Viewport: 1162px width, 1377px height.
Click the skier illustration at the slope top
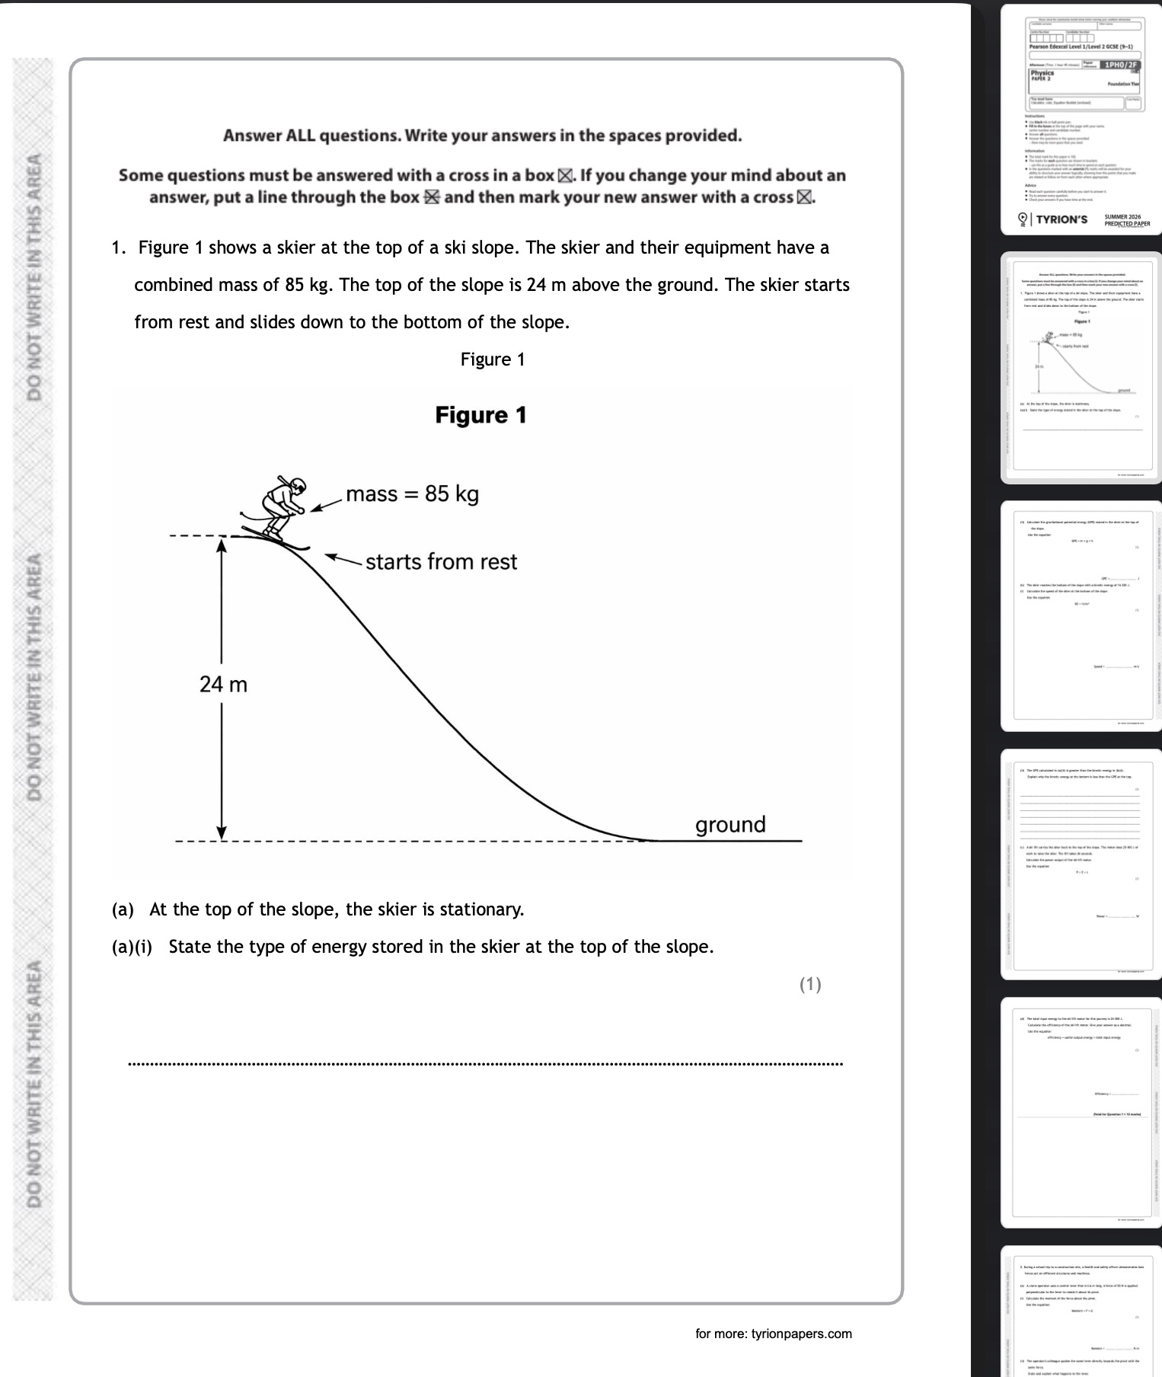pyautogui.click(x=278, y=510)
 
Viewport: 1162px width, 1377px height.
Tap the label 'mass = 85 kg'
pyautogui.click(x=412, y=494)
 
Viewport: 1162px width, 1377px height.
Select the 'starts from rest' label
pyautogui.click(x=441, y=562)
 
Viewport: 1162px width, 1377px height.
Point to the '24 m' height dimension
pyautogui.click(x=223, y=685)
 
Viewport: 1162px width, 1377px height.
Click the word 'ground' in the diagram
pyautogui.click(x=730, y=825)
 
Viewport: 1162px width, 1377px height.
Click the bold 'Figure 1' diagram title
pyautogui.click(x=480, y=415)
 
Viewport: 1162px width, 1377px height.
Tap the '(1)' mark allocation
pyautogui.click(x=810, y=984)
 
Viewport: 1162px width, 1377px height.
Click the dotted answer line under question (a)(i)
pyautogui.click(x=486, y=1063)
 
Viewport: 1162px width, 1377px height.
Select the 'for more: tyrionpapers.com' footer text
pyautogui.click(x=773, y=1334)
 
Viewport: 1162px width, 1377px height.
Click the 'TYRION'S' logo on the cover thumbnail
pyautogui.click(x=1061, y=219)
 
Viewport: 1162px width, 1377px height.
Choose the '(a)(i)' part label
pyautogui.click(x=132, y=947)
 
